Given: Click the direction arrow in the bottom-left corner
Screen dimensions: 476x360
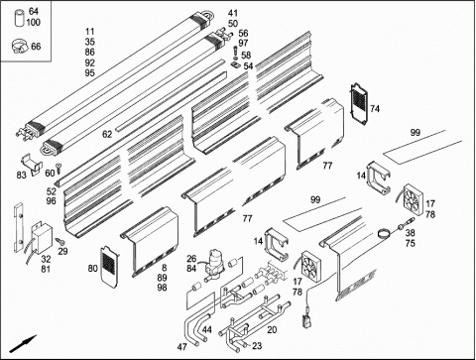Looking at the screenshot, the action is [23, 344].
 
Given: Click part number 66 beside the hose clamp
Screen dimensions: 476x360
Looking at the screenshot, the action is [36, 47].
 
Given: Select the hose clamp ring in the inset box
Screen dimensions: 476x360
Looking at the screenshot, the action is [20, 46].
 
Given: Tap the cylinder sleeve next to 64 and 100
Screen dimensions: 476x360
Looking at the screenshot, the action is [20, 19].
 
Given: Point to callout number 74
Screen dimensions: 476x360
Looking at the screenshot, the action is [375, 108].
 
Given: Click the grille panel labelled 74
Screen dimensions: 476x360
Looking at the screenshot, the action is [359, 103].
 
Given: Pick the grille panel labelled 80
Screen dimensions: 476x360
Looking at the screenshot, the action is [109, 266].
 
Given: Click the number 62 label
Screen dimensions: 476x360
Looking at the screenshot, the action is [107, 134].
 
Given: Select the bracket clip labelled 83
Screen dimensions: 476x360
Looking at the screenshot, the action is [32, 165].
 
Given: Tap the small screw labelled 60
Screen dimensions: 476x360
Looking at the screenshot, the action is [59, 168].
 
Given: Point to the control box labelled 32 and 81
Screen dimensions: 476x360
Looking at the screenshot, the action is [42, 237].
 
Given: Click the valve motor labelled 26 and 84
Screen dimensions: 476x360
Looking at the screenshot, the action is [214, 263].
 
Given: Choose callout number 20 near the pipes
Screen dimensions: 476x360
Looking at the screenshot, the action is [272, 329].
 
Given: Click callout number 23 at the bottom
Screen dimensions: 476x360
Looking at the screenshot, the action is [257, 346].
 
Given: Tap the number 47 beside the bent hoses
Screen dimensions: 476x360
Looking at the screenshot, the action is [181, 347].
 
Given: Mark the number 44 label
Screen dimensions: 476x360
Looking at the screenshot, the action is [207, 329].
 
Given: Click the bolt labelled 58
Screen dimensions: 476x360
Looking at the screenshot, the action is [235, 54].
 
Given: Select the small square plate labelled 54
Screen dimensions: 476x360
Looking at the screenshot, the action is [235, 64].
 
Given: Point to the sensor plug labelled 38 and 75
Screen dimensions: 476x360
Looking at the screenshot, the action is [406, 222].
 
